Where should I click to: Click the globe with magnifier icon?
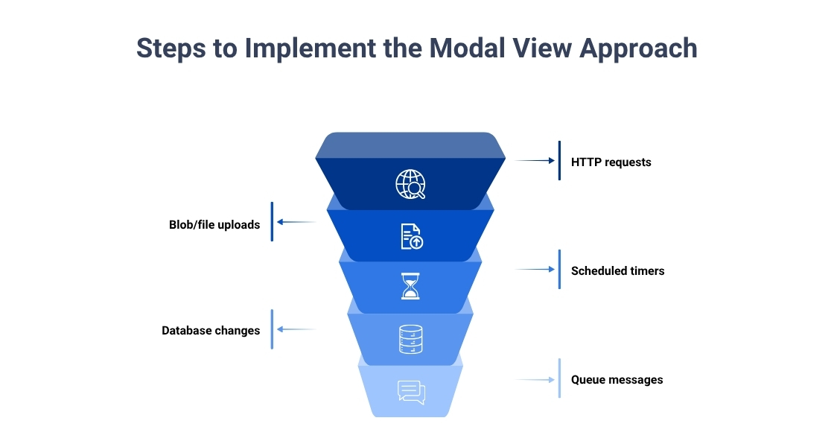tap(410, 185)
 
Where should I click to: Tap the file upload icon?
tap(410, 236)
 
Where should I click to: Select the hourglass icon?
tap(410, 286)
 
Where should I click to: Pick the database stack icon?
tap(410, 339)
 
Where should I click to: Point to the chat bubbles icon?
tap(410, 392)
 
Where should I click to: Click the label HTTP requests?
tap(611, 162)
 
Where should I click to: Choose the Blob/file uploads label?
tap(214, 224)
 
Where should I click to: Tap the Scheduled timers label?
tap(617, 270)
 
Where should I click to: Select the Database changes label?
tap(211, 330)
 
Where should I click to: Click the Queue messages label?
tap(617, 379)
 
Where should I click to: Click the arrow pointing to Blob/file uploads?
tap(296, 221)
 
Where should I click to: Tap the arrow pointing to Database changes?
tap(296, 329)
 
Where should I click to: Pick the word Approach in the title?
tap(638, 48)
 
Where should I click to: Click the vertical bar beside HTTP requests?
tap(559, 160)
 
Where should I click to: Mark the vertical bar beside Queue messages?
tap(559, 378)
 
